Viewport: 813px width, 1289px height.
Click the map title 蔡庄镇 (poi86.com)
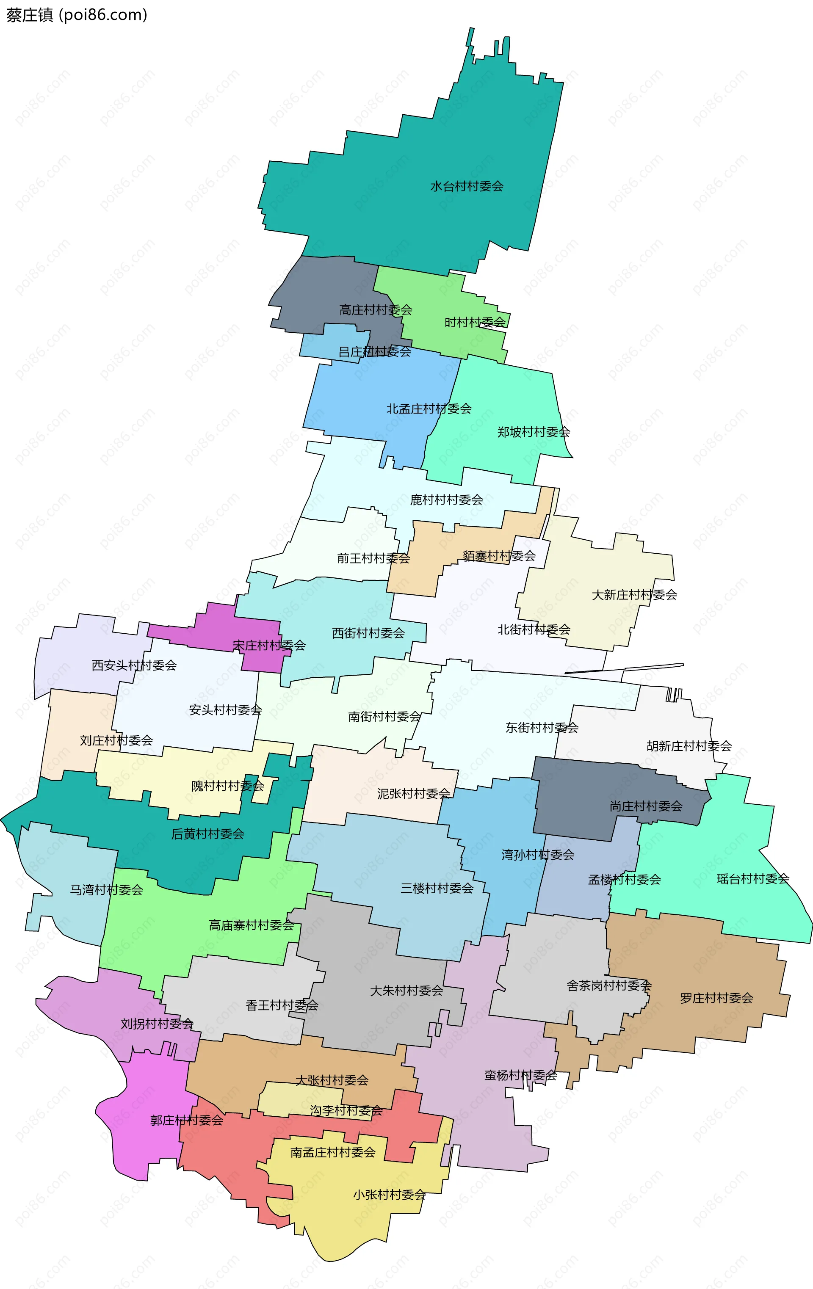tap(77, 15)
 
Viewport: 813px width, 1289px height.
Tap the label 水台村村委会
tap(467, 186)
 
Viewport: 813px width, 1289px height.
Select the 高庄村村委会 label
tap(376, 310)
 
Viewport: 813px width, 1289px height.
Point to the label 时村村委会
tap(475, 322)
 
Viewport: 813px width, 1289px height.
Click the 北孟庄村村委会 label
tap(429, 409)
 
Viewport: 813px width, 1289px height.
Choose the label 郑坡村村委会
tap(534, 432)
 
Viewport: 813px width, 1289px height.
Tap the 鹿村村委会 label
tap(446, 500)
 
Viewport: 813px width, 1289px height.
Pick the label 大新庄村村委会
tap(634, 595)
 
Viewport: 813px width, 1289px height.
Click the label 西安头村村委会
tap(134, 665)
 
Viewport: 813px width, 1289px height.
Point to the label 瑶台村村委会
tap(752, 878)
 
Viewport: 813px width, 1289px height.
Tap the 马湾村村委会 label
tap(107, 890)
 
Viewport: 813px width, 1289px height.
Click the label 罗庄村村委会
tap(716, 998)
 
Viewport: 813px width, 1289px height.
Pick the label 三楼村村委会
tap(437, 888)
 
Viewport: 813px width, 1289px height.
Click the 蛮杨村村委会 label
tap(520, 1075)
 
